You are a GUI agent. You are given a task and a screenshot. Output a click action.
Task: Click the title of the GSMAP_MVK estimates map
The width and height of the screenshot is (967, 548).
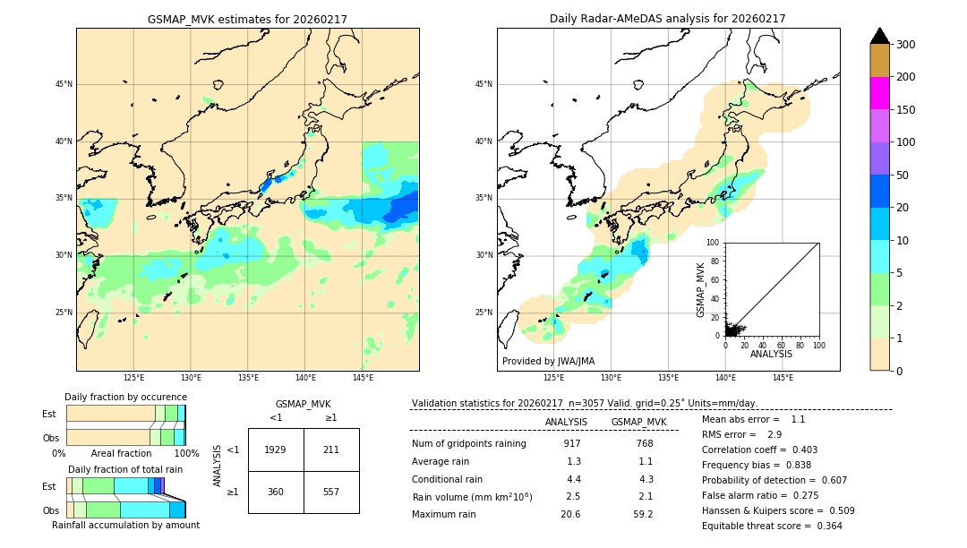pyautogui.click(x=247, y=19)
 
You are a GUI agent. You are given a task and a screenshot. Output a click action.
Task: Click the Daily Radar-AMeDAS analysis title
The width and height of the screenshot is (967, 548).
pyautogui.click(x=667, y=19)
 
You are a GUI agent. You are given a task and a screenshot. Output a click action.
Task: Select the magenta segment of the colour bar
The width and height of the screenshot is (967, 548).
pyautogui.click(x=880, y=93)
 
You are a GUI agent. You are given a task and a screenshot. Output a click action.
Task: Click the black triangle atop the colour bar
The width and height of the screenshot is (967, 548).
pyautogui.click(x=880, y=36)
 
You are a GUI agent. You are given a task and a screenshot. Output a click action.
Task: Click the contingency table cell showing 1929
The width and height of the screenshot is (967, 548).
pyautogui.click(x=276, y=450)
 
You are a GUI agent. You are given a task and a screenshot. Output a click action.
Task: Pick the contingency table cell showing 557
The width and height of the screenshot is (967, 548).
pyautogui.click(x=331, y=492)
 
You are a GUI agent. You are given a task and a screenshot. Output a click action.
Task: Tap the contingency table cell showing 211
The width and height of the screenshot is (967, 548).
pyautogui.click(x=331, y=450)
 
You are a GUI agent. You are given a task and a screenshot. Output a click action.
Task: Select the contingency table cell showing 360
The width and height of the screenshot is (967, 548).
pyautogui.click(x=276, y=492)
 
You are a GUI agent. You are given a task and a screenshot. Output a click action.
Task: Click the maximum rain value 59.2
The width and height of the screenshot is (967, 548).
pyautogui.click(x=643, y=514)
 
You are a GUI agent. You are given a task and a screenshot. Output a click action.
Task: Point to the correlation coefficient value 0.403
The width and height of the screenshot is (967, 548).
pyautogui.click(x=799, y=450)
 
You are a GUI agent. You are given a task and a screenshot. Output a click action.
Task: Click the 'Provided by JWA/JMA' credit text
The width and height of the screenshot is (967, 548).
pyautogui.click(x=548, y=362)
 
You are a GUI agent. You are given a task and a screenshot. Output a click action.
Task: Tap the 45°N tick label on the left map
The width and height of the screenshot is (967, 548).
pyautogui.click(x=64, y=84)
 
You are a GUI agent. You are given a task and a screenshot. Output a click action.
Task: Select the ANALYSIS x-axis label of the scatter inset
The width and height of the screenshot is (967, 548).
pyautogui.click(x=771, y=355)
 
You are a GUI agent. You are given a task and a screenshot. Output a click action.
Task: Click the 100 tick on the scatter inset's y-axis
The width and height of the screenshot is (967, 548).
pyautogui.click(x=714, y=243)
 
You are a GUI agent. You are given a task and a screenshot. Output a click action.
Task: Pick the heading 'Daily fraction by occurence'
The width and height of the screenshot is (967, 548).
pyautogui.click(x=125, y=397)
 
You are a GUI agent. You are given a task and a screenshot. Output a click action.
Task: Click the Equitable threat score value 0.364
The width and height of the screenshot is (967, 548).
pyautogui.click(x=824, y=526)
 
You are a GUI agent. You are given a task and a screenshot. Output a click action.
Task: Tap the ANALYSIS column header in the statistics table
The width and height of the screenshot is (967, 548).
pyautogui.click(x=566, y=422)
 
